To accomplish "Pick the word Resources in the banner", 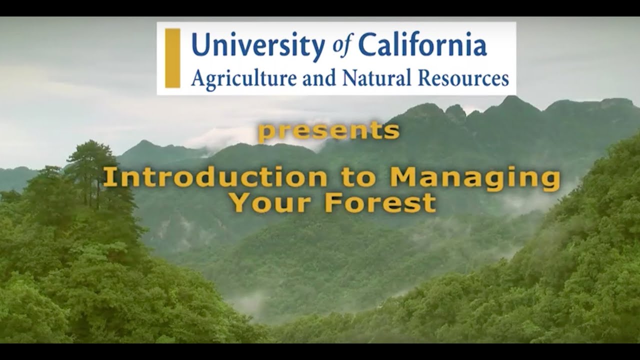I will tap(457, 78).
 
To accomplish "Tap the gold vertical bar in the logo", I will tap(172, 58).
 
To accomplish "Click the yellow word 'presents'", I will tap(328, 131).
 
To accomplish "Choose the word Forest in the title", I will tap(380, 203).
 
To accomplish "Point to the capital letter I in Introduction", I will tap(107, 178).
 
